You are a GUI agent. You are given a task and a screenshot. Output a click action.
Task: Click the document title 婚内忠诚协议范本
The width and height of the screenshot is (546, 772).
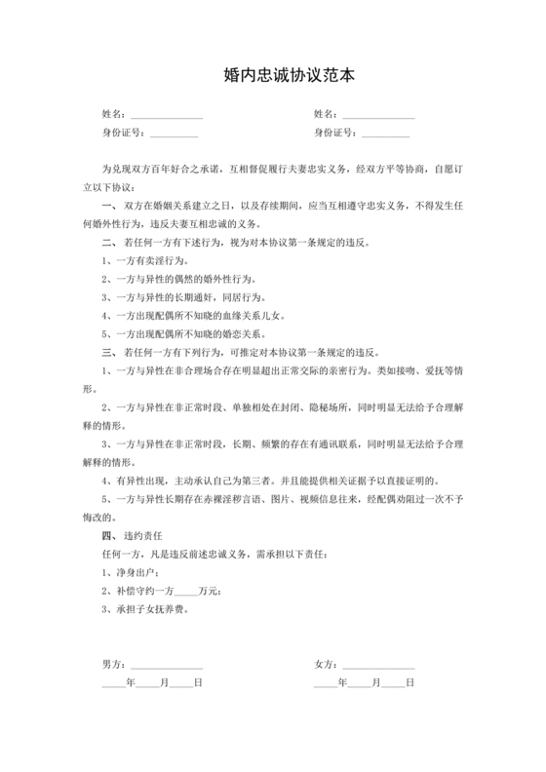[272, 75]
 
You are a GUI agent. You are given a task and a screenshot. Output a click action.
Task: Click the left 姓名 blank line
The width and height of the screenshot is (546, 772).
[167, 116]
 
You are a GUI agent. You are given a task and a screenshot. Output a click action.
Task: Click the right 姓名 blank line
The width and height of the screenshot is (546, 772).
[378, 116]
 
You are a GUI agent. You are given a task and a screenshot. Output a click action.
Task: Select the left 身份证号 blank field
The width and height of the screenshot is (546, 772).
[174, 134]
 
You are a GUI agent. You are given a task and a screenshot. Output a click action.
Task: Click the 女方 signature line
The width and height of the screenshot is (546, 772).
[378, 665]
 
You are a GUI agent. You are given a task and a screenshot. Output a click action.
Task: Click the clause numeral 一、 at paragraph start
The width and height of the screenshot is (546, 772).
[108, 207]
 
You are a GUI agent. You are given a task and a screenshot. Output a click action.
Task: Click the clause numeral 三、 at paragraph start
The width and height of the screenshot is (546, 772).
[108, 352]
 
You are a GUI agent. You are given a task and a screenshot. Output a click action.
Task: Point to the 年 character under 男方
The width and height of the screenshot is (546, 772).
[131, 682]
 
